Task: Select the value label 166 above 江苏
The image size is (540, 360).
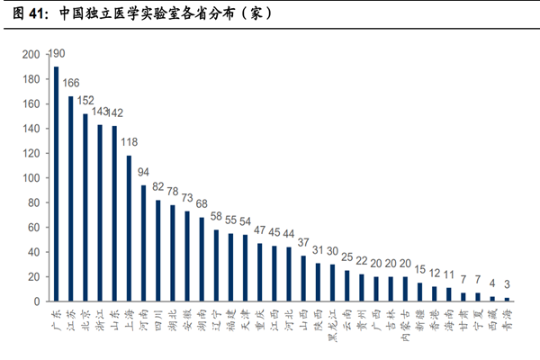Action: (x=71, y=84)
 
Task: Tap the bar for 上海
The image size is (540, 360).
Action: (x=129, y=228)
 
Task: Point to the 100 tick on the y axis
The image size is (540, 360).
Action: (x=31, y=177)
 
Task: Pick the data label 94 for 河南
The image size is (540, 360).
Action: (x=143, y=173)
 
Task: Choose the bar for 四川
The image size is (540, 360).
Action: (x=157, y=250)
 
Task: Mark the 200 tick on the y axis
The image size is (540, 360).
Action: (x=31, y=55)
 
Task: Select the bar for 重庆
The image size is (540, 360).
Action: (x=259, y=272)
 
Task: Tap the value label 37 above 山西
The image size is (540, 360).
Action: (x=302, y=243)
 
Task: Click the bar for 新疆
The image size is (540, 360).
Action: (x=419, y=292)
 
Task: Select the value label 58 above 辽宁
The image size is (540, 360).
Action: (x=216, y=217)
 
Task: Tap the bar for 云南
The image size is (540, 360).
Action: (x=346, y=285)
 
